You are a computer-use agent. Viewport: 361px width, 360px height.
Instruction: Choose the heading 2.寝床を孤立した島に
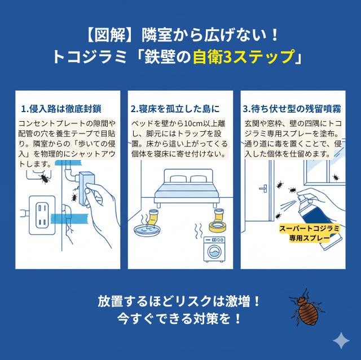coord(175,108)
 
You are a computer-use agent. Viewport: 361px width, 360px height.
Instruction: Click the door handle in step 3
coord(263,189)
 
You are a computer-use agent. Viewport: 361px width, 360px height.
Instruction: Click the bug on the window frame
coord(334,177)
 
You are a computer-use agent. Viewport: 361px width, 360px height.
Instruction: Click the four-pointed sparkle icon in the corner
coord(340,340)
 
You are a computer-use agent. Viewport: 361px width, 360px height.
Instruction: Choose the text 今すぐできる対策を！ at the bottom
coord(179,318)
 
